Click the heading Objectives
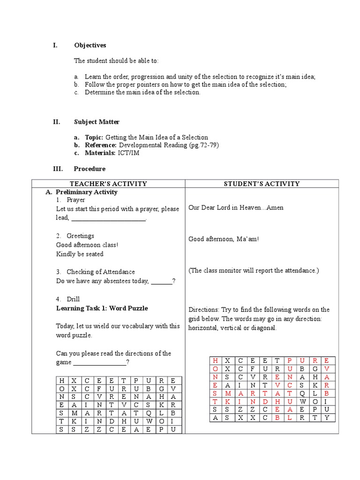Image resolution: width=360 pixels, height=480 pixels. coord(90,45)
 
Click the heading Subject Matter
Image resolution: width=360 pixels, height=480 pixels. coord(97,122)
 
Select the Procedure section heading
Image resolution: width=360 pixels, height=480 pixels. coord(90,169)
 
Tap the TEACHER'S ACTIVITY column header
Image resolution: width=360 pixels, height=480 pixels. coord(108,184)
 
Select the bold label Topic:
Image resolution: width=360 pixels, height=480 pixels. coord(94,137)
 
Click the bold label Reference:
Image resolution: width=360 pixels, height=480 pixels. coord(101,145)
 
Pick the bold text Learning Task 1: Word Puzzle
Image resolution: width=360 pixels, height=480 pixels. coord(102,308)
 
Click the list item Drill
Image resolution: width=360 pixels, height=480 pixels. coord(73,299)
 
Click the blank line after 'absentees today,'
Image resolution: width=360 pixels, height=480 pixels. coord(162,282)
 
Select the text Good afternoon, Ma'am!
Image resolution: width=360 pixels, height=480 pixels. coord(224,239)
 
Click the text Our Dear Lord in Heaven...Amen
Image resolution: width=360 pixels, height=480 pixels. coord(236,208)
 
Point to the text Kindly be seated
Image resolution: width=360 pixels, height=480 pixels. coord(80,254)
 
